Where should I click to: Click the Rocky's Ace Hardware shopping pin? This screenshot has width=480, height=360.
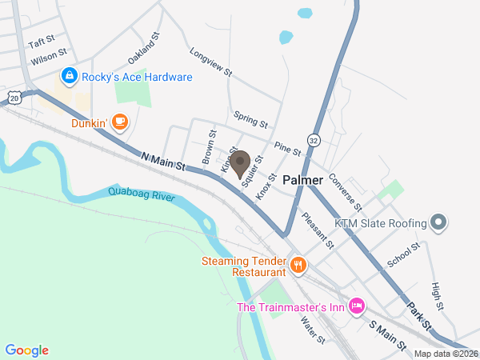point(70,77)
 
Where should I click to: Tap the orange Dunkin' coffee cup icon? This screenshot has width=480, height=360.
point(119,122)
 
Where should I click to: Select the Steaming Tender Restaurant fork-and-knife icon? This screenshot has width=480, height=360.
point(298,265)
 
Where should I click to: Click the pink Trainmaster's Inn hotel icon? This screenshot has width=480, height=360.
point(357,305)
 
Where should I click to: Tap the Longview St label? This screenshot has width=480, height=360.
point(211,62)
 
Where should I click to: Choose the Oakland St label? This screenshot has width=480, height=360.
point(145,50)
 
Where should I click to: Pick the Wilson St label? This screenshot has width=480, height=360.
point(43,59)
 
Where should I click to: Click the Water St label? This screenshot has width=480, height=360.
point(312,329)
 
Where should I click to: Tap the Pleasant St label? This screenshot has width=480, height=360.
point(317,228)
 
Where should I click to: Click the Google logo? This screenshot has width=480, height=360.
point(27,350)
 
